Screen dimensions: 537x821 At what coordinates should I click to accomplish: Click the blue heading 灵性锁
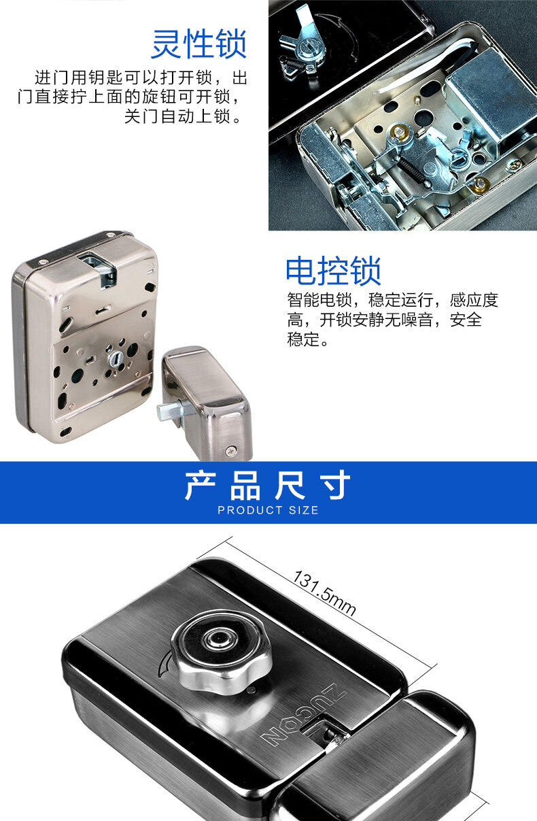point(199,44)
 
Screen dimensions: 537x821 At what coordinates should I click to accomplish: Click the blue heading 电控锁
point(333,271)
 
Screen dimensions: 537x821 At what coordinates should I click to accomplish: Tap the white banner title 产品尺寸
point(268,486)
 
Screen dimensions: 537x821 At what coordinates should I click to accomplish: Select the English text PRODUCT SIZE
point(268,510)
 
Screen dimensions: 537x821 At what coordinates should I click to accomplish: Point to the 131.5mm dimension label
point(324,593)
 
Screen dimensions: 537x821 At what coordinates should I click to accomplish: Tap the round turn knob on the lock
point(221,650)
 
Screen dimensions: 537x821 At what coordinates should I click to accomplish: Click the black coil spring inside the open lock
point(412,171)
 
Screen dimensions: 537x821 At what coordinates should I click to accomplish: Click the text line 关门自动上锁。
point(183,116)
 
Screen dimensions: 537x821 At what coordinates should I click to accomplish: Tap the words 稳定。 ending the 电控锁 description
point(307,339)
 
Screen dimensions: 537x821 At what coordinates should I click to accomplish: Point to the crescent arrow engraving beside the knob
point(164,663)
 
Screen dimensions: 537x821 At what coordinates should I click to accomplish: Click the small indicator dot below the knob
point(252,690)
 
